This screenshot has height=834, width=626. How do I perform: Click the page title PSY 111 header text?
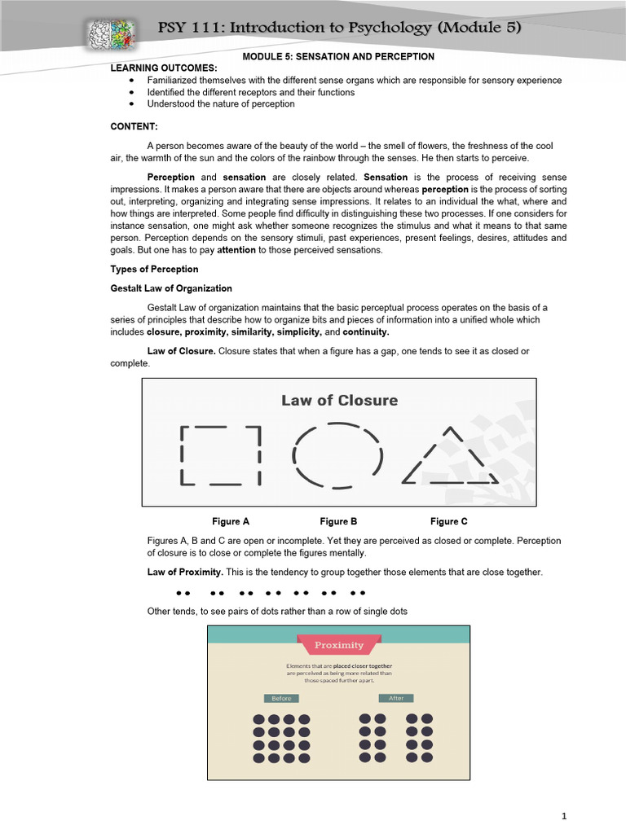tap(339, 29)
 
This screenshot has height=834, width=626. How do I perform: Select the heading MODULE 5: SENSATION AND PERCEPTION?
tap(338, 56)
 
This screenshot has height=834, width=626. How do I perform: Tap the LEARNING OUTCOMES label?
tap(164, 68)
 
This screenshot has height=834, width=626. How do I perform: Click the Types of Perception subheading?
tap(154, 269)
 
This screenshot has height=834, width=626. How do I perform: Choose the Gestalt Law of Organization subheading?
tap(171, 288)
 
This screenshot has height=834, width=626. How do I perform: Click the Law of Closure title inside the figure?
tap(339, 400)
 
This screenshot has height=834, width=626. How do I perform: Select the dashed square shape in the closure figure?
tap(220, 455)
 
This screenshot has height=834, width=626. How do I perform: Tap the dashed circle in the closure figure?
tap(337, 455)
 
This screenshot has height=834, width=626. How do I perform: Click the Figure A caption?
tap(231, 521)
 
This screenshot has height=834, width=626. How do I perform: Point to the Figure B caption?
tap(338, 521)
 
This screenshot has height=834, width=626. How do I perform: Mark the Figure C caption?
tap(449, 521)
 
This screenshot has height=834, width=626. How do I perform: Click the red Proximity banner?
tap(339, 645)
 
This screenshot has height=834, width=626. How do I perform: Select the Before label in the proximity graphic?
tap(280, 698)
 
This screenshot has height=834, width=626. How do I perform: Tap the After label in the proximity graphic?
tap(396, 698)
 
